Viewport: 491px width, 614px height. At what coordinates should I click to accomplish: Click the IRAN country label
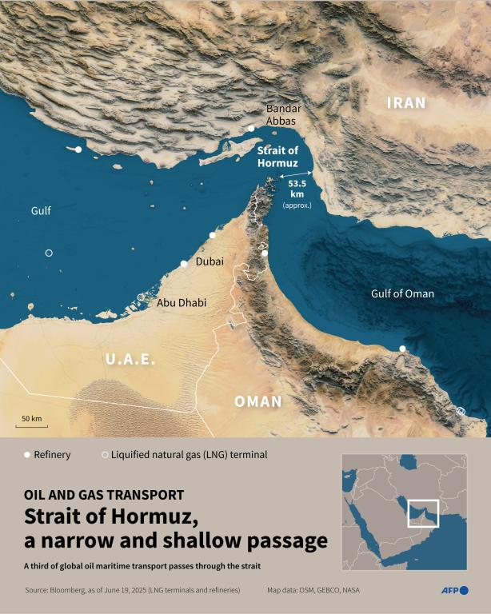coord(406,103)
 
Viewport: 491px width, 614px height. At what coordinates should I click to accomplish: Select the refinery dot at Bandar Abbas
coord(251,128)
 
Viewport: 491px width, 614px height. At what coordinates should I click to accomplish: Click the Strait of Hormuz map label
coord(277,157)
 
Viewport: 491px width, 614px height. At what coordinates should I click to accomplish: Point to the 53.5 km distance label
coord(296,189)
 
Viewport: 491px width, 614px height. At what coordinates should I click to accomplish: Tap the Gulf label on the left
coord(41,211)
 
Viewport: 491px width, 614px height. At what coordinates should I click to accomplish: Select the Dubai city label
coord(210,261)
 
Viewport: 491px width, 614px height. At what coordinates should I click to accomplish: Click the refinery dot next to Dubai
coord(184,263)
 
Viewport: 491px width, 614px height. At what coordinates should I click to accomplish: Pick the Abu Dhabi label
coord(182,303)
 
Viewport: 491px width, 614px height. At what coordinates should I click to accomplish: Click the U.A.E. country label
coord(131,361)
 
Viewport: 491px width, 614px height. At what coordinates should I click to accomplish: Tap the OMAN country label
coord(258,401)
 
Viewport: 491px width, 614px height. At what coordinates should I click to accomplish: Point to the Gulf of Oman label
coord(402,294)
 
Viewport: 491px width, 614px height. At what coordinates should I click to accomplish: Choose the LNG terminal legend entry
coord(183,455)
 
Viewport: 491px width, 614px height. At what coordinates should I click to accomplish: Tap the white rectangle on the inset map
coord(423,513)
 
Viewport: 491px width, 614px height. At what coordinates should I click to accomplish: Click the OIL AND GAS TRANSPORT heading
coord(104,495)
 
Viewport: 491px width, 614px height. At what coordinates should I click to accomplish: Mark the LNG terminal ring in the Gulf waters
coord(49,253)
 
